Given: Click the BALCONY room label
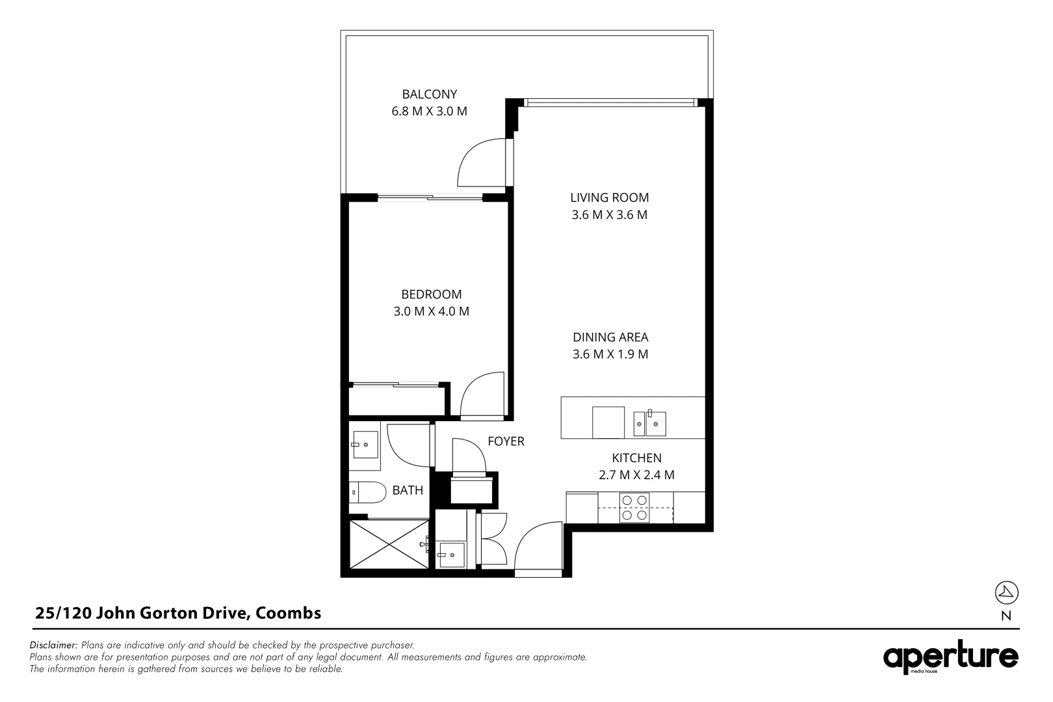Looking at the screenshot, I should pos(429,94).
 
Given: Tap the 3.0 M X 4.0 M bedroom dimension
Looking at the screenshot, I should pos(431,311).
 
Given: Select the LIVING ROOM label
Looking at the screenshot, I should pos(609,198).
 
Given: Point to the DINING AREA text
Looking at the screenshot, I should pos(610,337).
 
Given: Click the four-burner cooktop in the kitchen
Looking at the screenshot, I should pos(635,508).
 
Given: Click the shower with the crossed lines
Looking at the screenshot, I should pos(389,545).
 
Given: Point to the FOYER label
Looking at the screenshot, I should pos(506,441).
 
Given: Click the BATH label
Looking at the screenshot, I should pos(408,491).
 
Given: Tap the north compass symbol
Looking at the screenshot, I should pos(1006,592).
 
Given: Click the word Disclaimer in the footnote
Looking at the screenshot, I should pos(54,645).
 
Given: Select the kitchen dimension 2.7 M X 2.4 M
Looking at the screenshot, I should pos(636,475).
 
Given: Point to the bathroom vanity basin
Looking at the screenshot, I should pos(365,445).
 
